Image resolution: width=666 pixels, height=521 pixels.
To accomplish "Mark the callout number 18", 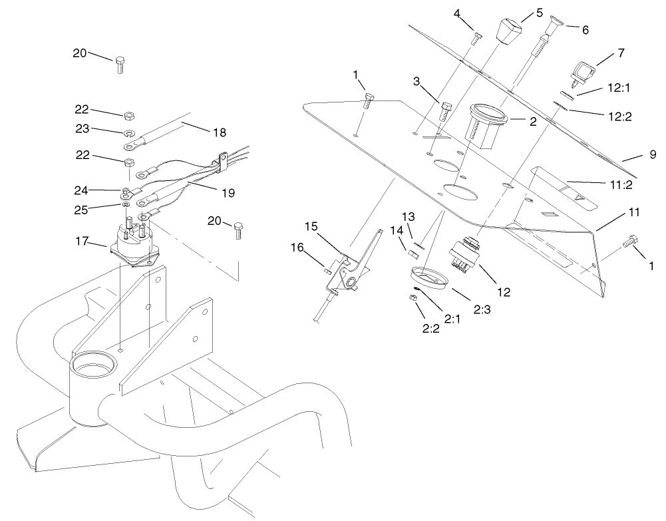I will pyautogui.click(x=220, y=132).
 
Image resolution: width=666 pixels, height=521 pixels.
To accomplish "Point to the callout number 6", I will pyautogui.click(x=585, y=30).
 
